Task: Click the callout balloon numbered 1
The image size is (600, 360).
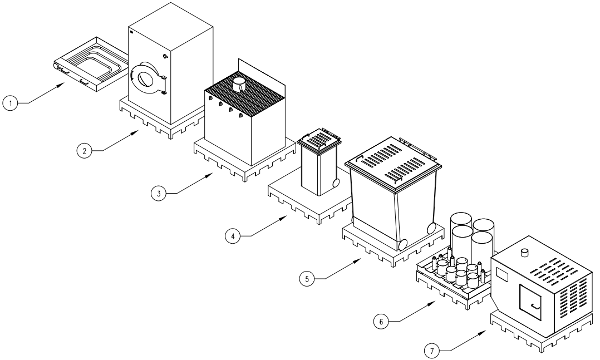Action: click(x=9, y=103)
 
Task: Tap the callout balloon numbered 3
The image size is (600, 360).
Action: click(x=159, y=193)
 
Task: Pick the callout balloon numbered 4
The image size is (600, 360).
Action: click(x=233, y=236)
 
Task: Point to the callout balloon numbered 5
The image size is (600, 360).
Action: click(x=307, y=279)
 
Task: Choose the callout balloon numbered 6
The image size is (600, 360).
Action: click(x=381, y=321)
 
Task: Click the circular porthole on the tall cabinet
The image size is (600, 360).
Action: click(x=146, y=78)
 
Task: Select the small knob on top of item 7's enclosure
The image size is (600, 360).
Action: click(x=524, y=253)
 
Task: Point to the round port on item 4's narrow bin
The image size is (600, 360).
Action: click(x=335, y=184)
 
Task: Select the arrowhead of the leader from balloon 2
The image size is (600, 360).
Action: click(x=139, y=131)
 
